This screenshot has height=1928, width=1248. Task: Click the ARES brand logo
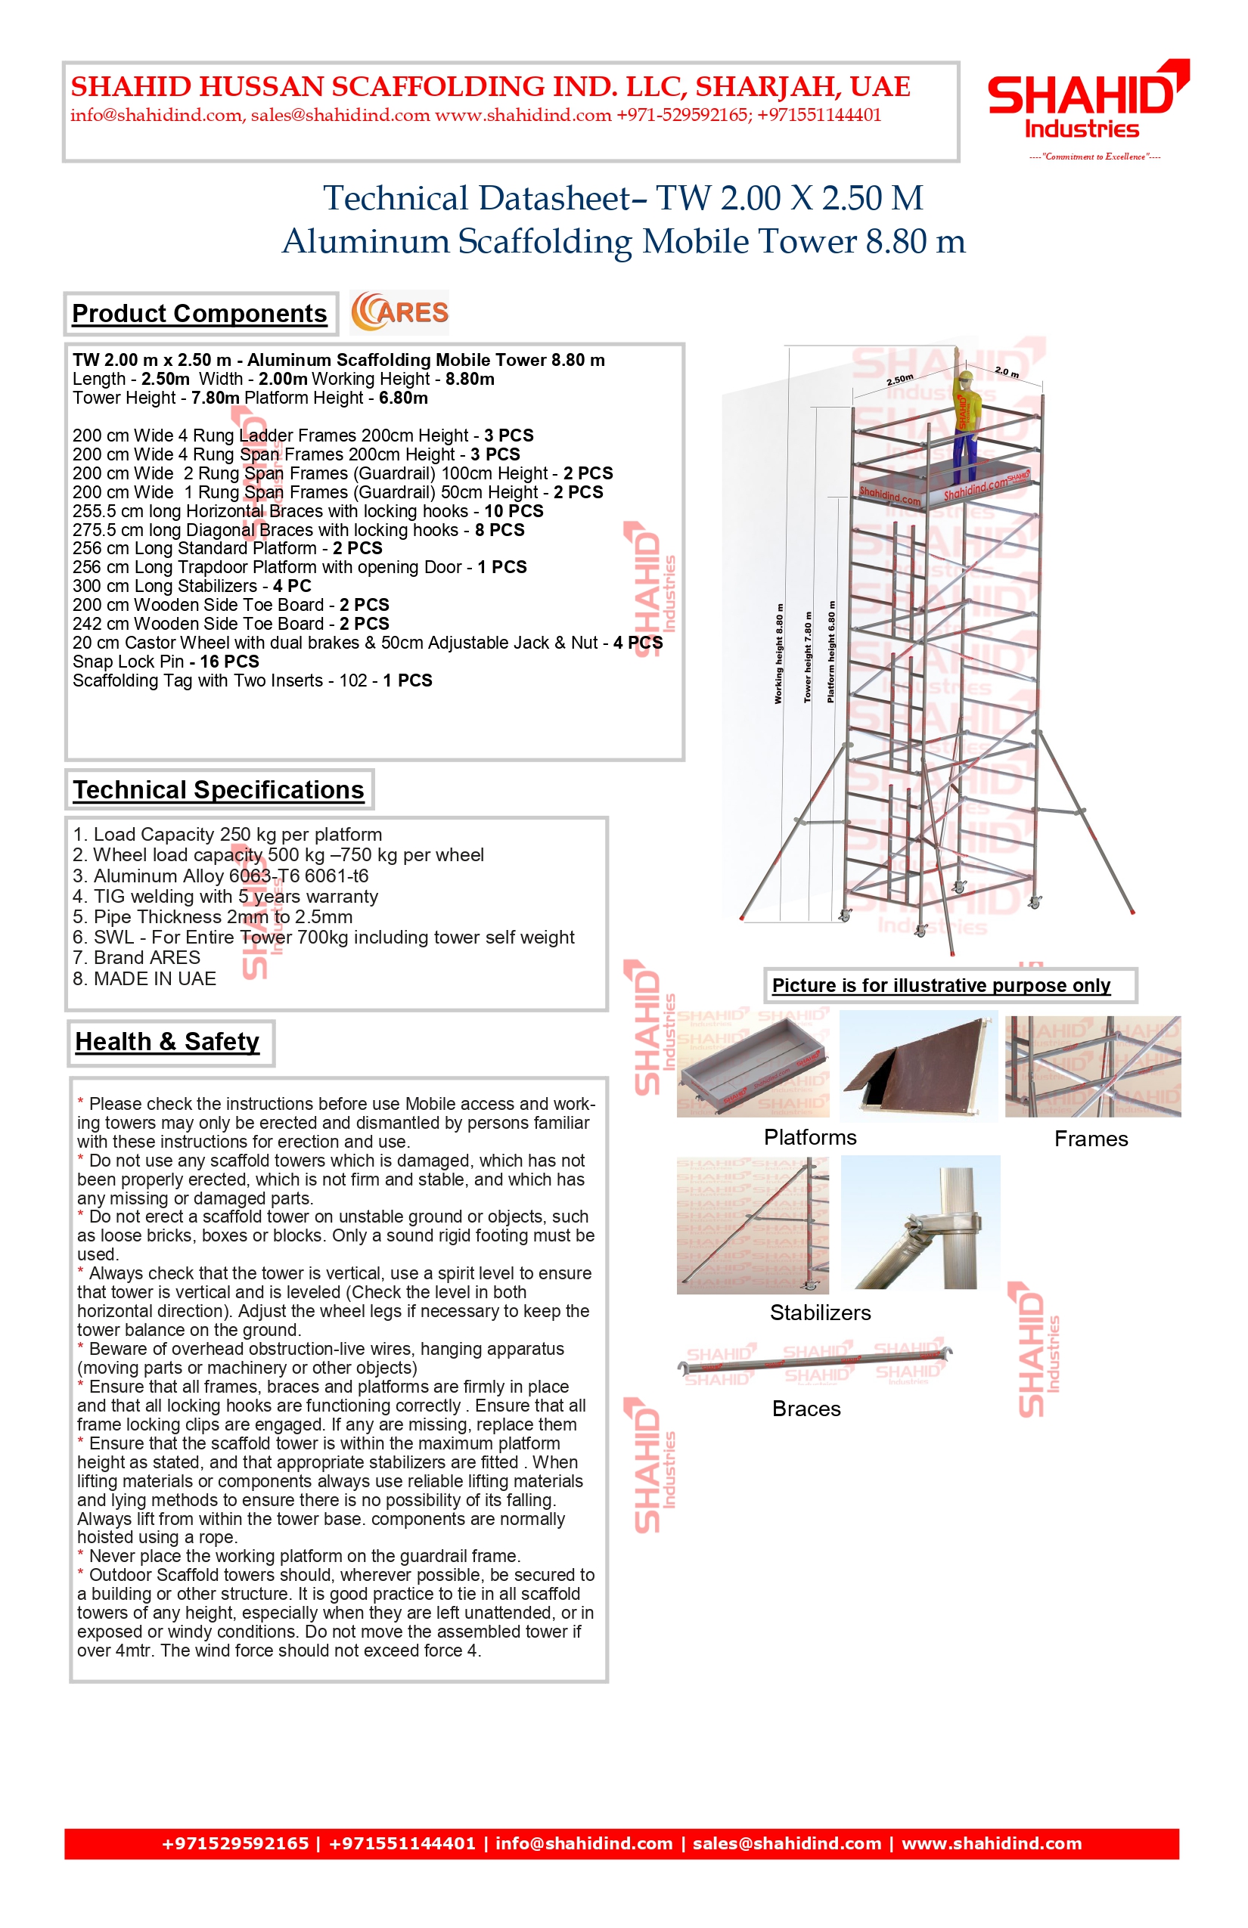pos(399,313)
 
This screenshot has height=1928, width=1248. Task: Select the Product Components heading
pos(200,314)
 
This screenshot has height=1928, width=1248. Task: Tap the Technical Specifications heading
pos(218,790)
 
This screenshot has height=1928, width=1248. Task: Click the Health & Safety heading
pos(168,1042)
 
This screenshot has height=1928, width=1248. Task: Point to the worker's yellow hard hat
pos(965,376)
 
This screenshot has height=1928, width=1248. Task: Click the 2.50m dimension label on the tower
pos(899,379)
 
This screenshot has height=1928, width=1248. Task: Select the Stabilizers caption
pos(820,1313)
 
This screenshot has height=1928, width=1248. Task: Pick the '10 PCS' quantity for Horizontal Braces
pos(514,511)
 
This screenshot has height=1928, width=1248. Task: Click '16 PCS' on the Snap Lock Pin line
pos(229,662)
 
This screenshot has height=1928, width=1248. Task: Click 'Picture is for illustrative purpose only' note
pos(941,985)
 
